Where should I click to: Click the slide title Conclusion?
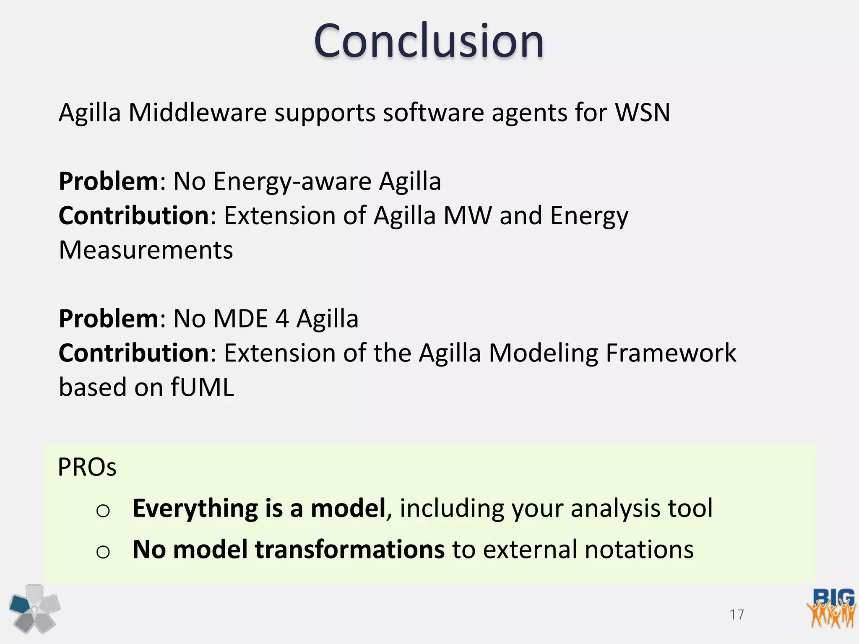click(x=429, y=41)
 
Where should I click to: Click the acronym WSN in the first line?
click(x=642, y=113)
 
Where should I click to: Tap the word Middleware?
click(x=197, y=113)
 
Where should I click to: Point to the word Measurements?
click(x=146, y=250)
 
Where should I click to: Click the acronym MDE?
click(x=241, y=319)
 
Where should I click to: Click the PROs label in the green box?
click(x=87, y=467)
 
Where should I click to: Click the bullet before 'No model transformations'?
click(x=103, y=552)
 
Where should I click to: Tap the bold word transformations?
click(x=349, y=549)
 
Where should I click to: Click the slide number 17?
click(x=737, y=615)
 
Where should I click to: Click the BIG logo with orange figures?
click(x=831, y=608)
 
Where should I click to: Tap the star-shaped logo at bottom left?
click(x=34, y=609)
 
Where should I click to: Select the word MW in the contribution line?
click(x=467, y=216)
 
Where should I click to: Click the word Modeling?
click(x=544, y=353)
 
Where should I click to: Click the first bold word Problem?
click(x=108, y=182)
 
